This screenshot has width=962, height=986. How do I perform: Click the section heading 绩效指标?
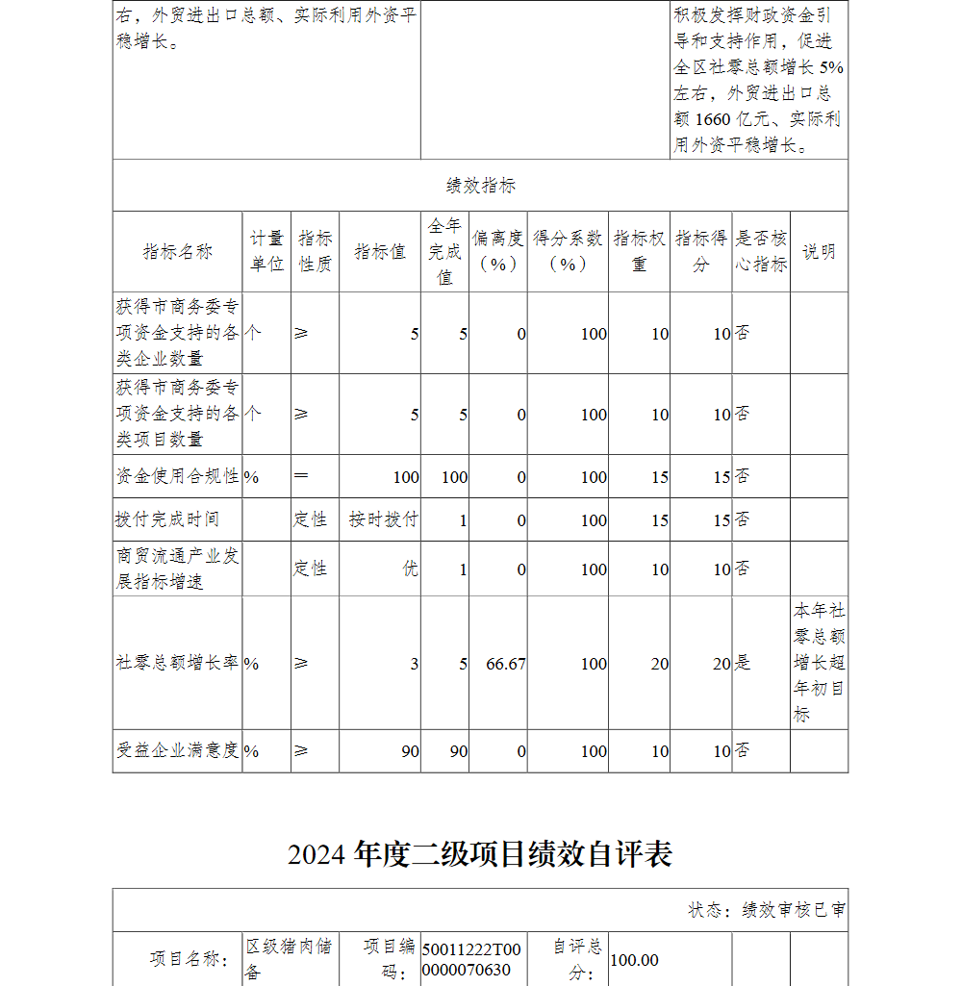(481, 186)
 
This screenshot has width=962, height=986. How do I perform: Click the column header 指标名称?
(178, 252)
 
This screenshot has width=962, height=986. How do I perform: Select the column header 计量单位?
(266, 252)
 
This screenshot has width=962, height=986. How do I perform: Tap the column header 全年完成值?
(444, 252)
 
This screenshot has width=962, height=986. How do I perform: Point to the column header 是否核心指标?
(761, 252)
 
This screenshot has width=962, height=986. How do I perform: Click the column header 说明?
(819, 252)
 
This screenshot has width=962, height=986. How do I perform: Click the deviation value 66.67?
(506, 664)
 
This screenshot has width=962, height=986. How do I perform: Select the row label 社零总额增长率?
(178, 664)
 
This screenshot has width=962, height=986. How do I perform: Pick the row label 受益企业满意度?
(178, 751)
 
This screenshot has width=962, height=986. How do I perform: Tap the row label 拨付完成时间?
(167, 519)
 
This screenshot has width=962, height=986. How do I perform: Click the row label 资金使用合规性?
(178, 476)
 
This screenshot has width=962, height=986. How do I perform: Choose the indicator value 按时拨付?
(384, 519)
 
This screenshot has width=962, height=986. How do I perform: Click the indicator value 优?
(410, 569)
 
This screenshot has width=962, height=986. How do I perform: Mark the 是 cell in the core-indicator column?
(744, 664)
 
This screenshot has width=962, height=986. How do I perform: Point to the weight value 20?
(659, 664)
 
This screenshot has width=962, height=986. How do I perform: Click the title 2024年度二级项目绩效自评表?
(480, 854)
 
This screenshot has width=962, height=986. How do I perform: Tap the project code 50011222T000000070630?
(471, 960)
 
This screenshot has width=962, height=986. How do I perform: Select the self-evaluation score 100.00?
(635, 960)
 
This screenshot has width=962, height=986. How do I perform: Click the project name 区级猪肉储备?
(289, 959)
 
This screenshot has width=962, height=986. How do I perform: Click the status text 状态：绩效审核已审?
(767, 910)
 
